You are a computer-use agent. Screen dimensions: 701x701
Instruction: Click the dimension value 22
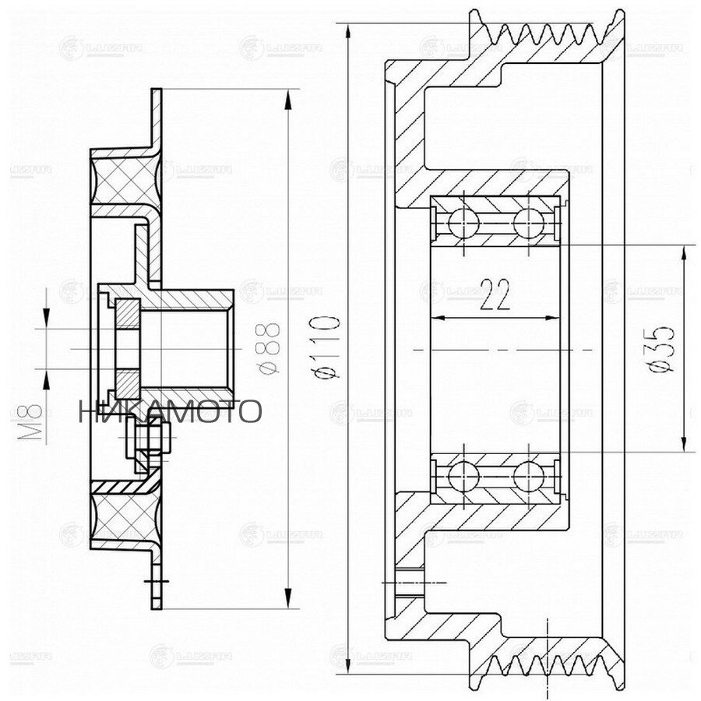tap(495, 295)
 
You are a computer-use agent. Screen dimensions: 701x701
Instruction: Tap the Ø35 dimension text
tap(662, 348)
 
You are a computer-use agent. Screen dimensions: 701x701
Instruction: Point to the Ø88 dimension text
tap(267, 347)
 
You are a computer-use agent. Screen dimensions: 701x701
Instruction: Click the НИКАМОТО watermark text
tap(169, 411)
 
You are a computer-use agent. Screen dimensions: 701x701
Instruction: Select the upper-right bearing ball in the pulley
tap(527, 222)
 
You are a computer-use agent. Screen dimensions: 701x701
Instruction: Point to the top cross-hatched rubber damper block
tap(125, 181)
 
